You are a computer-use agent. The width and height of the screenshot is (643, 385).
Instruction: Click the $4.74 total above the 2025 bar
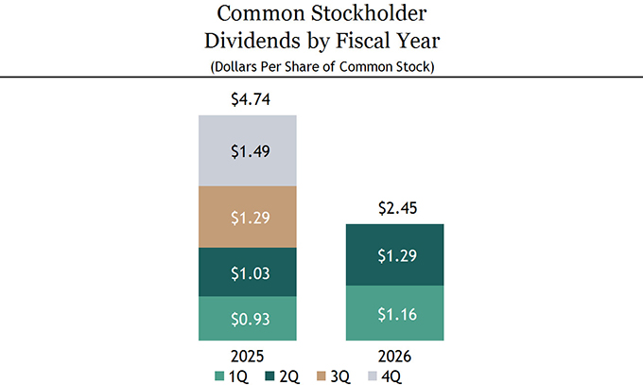click(251, 99)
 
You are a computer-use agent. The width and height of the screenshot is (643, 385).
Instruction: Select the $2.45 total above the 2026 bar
click(397, 208)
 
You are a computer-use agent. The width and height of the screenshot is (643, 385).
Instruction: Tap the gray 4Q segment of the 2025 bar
click(248, 150)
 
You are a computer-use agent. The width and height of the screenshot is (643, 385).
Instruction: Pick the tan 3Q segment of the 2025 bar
click(248, 218)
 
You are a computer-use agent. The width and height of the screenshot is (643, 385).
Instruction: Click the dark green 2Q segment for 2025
click(248, 272)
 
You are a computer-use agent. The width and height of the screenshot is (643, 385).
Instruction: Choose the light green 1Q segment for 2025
click(248, 319)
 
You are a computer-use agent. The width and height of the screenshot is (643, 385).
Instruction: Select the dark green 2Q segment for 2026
click(395, 254)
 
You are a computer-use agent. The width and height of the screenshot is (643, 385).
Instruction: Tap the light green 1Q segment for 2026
click(395, 313)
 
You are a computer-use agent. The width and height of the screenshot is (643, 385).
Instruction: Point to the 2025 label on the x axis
click(248, 357)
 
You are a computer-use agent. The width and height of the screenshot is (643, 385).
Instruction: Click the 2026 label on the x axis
click(394, 357)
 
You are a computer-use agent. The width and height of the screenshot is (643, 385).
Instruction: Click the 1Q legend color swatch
click(219, 376)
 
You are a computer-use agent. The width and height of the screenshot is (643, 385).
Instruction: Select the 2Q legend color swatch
click(269, 376)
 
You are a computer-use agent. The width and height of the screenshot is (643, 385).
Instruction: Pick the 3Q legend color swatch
click(321, 376)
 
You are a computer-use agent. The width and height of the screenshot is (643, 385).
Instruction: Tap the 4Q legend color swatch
click(373, 376)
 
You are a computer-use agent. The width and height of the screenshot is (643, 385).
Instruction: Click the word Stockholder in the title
click(369, 13)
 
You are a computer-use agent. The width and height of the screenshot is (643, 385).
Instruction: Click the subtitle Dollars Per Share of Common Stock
click(322, 66)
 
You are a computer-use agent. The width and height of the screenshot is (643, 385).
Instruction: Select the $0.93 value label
click(251, 319)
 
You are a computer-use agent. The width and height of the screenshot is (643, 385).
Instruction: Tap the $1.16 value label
click(397, 314)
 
